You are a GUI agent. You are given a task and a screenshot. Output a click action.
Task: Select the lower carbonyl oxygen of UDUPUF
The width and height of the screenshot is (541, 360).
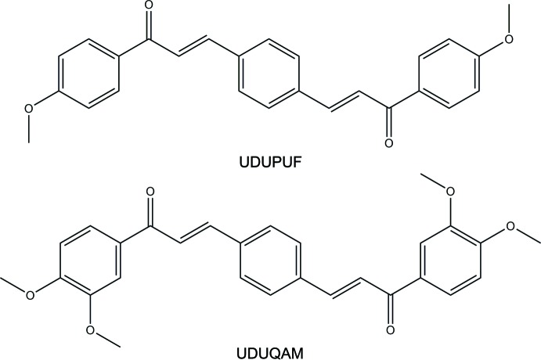[x=388, y=145]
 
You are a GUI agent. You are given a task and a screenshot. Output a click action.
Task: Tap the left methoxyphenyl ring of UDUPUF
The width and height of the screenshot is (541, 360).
[x=88, y=77]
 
